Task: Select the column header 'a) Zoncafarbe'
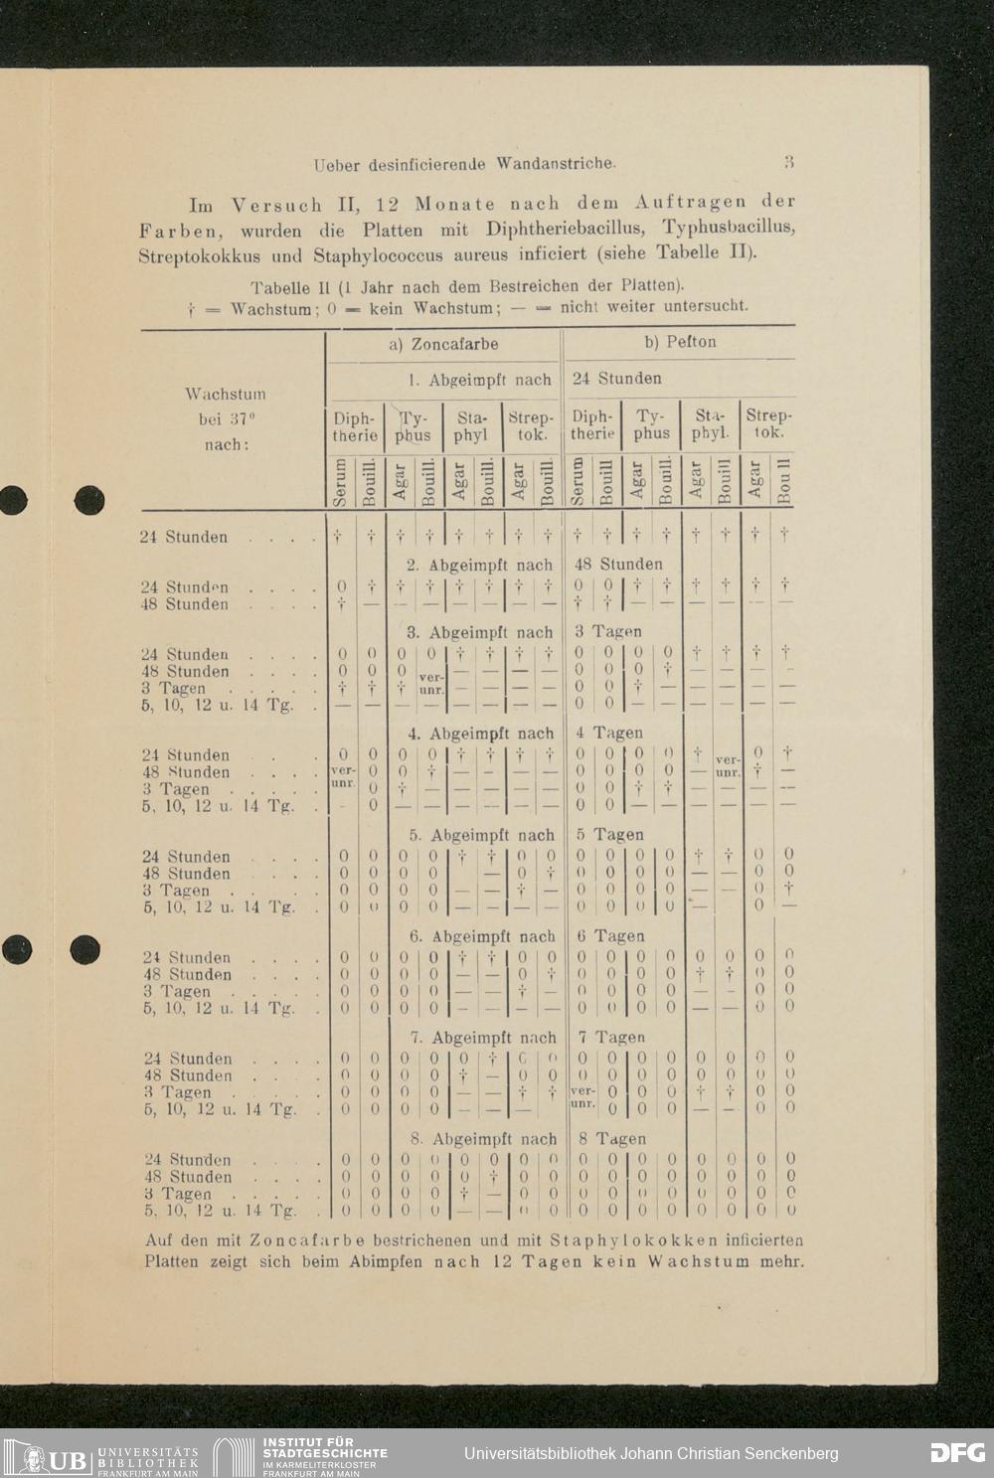tap(443, 344)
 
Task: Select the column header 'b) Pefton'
tap(680, 342)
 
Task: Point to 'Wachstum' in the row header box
tap(226, 394)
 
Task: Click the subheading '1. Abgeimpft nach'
tap(480, 379)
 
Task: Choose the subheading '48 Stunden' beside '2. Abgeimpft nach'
tap(618, 565)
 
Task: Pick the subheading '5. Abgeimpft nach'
tap(482, 835)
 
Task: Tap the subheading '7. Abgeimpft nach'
tap(482, 1038)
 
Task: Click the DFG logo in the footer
tap(957, 1452)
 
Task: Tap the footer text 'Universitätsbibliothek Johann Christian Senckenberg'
tap(651, 1453)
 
